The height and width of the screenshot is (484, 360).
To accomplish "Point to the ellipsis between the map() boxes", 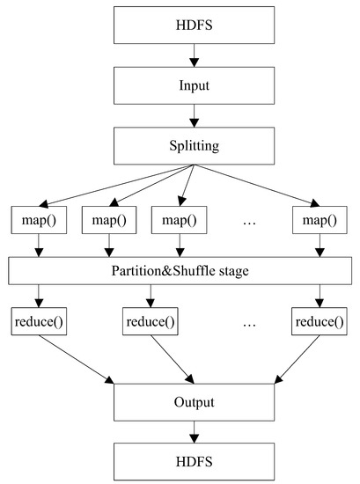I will pos(248,219).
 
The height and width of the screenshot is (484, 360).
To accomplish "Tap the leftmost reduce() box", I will pos(38,323).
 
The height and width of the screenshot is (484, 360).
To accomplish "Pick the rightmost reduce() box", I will pos(317,323).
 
